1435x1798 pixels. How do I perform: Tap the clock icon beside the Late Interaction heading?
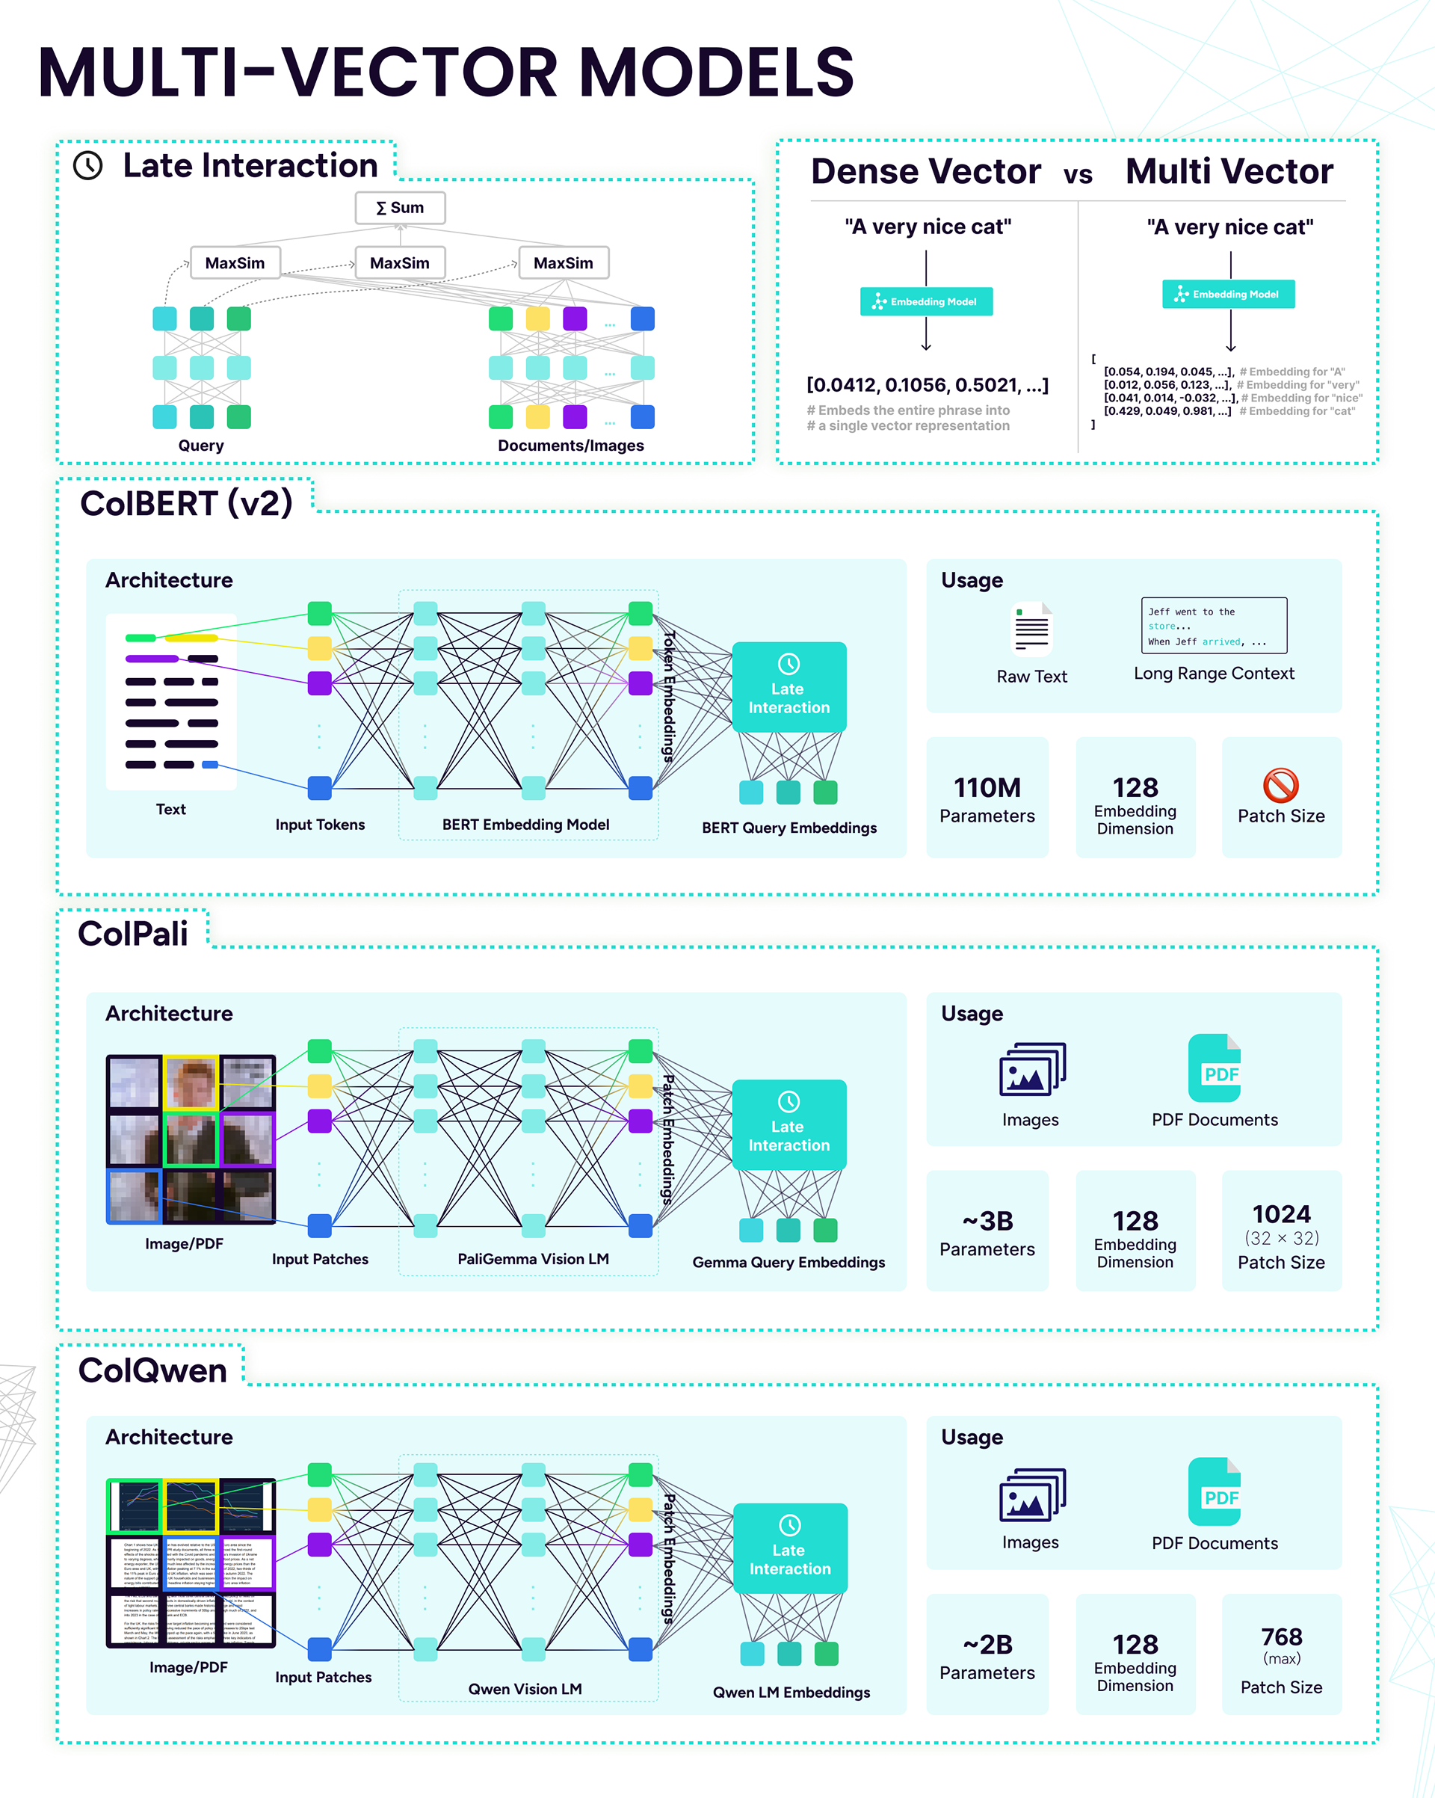coord(87,165)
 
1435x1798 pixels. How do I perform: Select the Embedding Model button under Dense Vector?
coord(925,301)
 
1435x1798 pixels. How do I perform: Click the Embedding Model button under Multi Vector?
coord(1227,294)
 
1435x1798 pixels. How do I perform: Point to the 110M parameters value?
coord(987,787)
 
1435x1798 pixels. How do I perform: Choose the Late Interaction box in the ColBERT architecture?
coord(789,686)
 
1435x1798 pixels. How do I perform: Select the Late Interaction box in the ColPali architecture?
coord(789,1124)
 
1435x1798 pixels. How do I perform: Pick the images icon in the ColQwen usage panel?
coord(1031,1494)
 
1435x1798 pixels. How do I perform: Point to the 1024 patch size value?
coord(1281,1213)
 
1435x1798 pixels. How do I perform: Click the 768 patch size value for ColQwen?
coord(1281,1637)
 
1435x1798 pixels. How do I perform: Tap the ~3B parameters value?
coord(987,1221)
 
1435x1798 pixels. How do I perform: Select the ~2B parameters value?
coord(987,1644)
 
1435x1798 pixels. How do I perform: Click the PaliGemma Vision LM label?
coord(533,1258)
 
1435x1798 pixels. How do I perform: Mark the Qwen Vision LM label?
coord(525,1689)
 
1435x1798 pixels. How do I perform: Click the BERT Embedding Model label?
coord(525,824)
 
